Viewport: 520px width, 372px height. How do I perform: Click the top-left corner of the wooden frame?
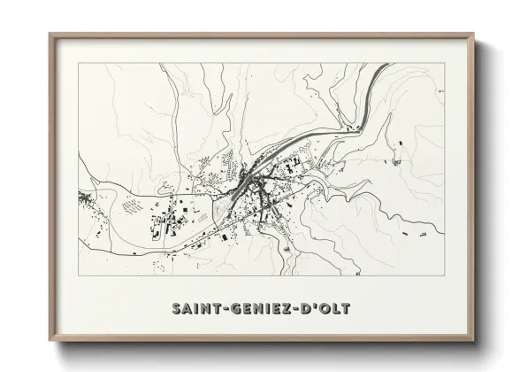pos(50,35)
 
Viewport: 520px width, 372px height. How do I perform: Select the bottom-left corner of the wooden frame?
pos(50,341)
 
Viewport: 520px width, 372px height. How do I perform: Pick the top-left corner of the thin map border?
pos(78,63)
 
